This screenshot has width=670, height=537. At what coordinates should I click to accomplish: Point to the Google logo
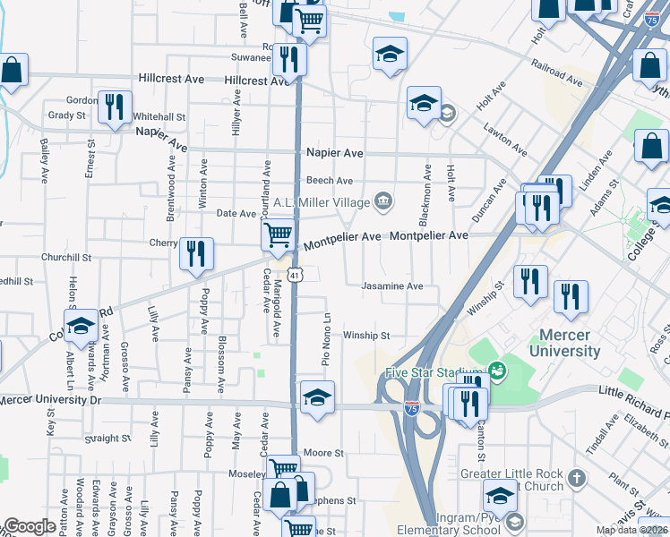click(x=30, y=526)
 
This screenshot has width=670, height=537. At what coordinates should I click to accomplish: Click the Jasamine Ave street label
click(x=391, y=287)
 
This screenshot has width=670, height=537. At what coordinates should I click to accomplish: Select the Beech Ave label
click(x=331, y=181)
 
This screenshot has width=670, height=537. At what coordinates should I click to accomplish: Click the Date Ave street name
click(x=236, y=213)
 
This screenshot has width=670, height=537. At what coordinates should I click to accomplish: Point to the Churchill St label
click(x=66, y=257)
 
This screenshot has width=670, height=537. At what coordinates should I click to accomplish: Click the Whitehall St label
click(x=159, y=116)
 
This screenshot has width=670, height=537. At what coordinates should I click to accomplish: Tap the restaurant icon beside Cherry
click(x=195, y=254)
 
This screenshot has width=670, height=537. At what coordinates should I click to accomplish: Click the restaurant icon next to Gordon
click(x=115, y=107)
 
